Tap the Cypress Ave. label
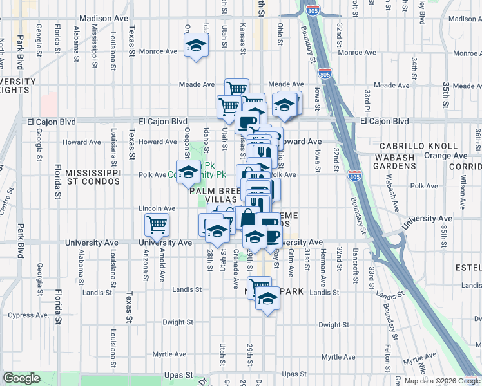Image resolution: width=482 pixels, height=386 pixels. tap(28, 315)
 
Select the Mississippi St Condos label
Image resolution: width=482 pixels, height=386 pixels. tap(93, 178)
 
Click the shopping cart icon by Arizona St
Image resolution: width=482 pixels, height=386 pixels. tap(157, 225)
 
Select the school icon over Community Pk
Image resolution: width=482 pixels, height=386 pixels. tap(188, 172)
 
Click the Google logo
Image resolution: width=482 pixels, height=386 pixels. tap(21, 379)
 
